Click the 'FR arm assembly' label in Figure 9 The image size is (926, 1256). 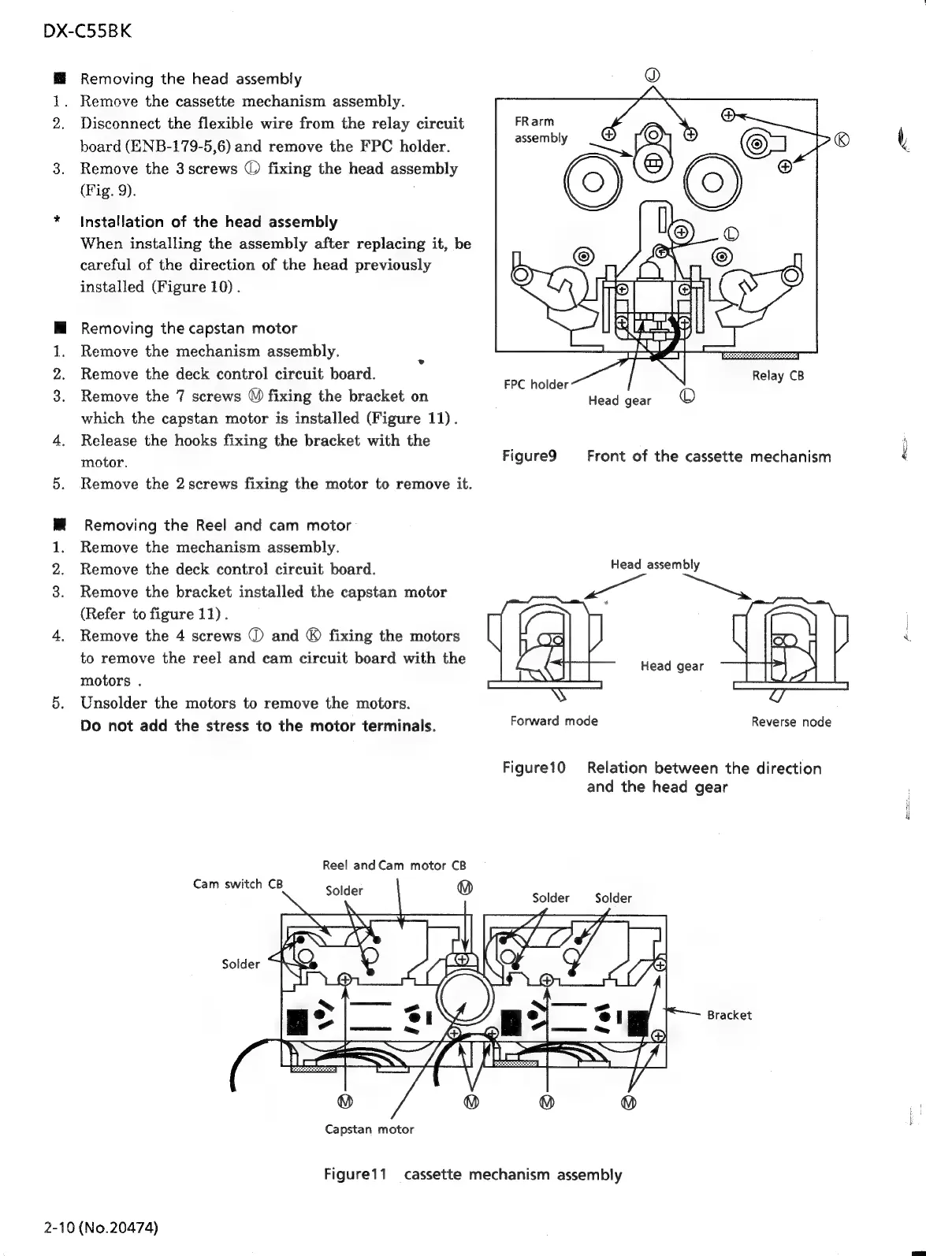tap(541, 130)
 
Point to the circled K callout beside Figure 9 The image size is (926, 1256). tap(842, 140)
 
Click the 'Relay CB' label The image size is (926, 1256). tap(777, 376)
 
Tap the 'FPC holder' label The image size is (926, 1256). tap(536, 385)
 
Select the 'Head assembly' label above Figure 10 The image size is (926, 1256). tap(655, 564)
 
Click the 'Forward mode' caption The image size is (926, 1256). tap(554, 721)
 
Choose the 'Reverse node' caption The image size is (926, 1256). tap(790, 722)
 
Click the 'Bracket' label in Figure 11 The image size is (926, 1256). tap(729, 1015)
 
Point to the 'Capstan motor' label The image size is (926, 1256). tap(369, 1129)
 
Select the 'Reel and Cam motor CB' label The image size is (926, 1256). tap(395, 865)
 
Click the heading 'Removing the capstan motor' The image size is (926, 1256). tap(189, 329)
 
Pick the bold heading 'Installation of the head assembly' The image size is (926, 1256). tap(209, 222)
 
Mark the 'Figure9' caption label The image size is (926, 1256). tap(530, 456)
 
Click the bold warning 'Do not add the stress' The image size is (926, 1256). tap(258, 725)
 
